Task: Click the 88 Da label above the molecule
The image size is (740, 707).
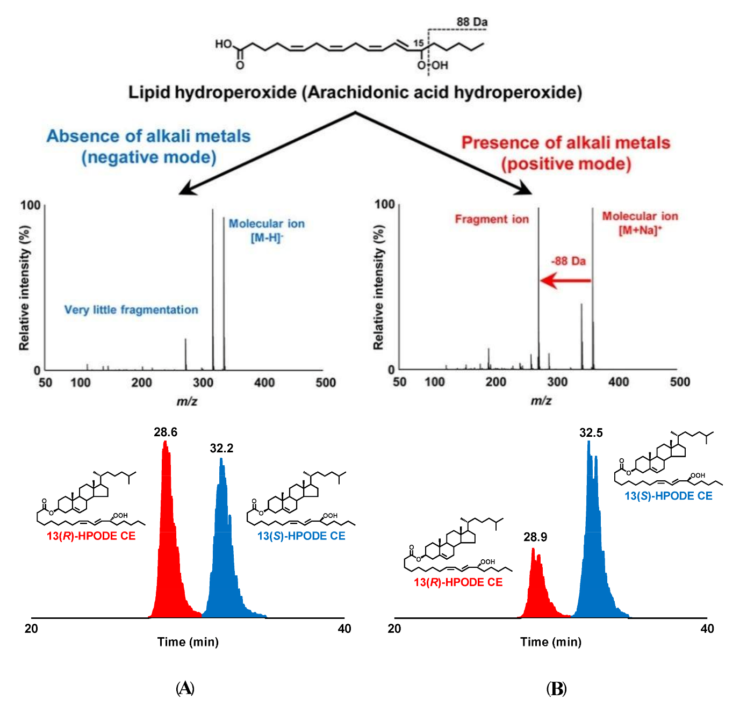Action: coord(472,22)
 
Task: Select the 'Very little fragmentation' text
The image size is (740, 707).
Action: coord(131,310)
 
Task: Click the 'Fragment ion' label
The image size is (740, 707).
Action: coord(492,219)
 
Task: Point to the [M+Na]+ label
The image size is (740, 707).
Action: coord(640,230)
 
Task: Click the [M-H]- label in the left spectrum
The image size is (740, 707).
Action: coord(267,237)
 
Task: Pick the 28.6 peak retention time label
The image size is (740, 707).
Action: coord(165,432)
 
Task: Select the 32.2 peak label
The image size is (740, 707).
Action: coord(221,449)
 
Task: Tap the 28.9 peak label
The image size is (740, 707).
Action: coord(535,537)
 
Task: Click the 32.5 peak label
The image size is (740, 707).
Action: coord(591,433)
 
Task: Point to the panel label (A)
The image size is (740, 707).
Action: coord(185,688)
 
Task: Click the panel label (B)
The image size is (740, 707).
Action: coord(556,688)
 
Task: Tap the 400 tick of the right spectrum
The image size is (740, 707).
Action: coord(619,382)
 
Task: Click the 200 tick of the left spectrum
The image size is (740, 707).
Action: coord(142,383)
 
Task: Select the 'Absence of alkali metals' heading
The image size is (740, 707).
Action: coord(148,136)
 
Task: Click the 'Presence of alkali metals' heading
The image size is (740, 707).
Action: coord(566,143)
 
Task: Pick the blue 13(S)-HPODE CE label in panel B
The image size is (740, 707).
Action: coord(668,496)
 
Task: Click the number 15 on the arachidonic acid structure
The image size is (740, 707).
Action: coord(418,43)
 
